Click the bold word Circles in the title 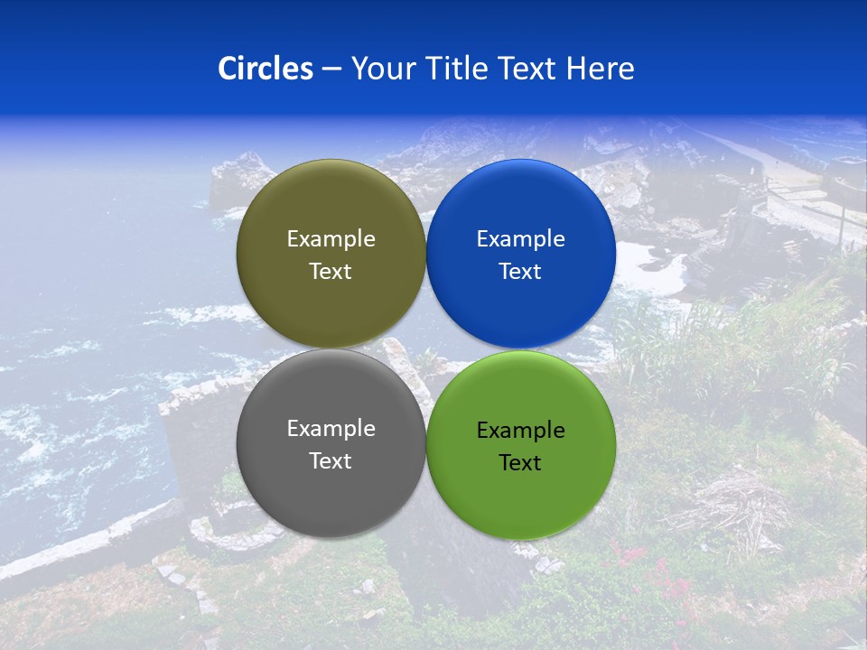click(266, 69)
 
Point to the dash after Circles click(331, 70)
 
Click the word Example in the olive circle click(331, 239)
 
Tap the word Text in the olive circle click(331, 272)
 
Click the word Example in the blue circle click(521, 239)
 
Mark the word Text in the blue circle click(521, 272)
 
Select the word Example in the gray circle click(331, 429)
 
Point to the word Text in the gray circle click(331, 461)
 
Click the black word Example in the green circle click(521, 431)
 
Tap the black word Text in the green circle click(521, 463)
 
